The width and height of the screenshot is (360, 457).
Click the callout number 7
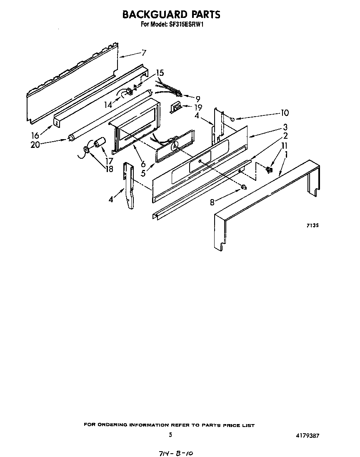[x=143, y=53]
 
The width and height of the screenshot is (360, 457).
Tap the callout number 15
[x=160, y=72]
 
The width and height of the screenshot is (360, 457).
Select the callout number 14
[x=108, y=105]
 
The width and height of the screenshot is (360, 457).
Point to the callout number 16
[x=35, y=135]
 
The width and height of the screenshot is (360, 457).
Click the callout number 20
[x=35, y=145]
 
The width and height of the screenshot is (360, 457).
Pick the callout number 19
[x=198, y=107]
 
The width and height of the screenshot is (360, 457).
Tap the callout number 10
[x=285, y=112]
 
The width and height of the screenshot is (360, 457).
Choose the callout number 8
[x=212, y=202]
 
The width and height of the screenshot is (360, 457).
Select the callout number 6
[x=143, y=164]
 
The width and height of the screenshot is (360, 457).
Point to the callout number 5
[x=143, y=173]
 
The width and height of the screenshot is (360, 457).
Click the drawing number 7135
[x=312, y=225]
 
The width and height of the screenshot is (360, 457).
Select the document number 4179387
[x=308, y=436]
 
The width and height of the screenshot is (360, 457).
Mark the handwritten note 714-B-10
[x=176, y=453]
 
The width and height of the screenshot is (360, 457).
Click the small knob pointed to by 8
[x=243, y=187]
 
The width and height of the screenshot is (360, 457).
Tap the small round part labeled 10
[x=232, y=119]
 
